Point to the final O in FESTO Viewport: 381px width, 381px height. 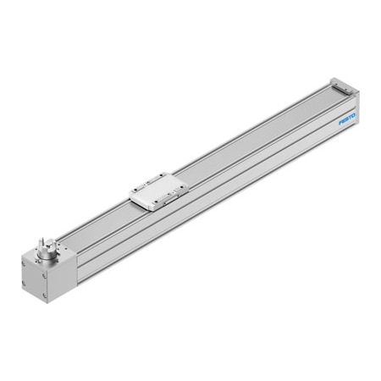354,114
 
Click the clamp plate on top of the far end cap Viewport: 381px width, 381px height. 343,84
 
